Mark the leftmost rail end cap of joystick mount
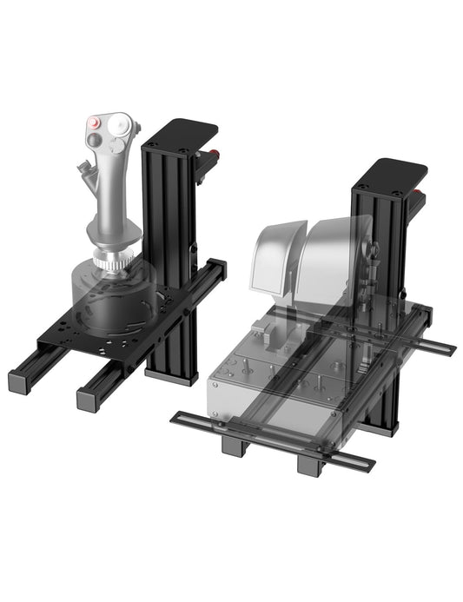[19, 380]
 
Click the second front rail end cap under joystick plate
[89, 400]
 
